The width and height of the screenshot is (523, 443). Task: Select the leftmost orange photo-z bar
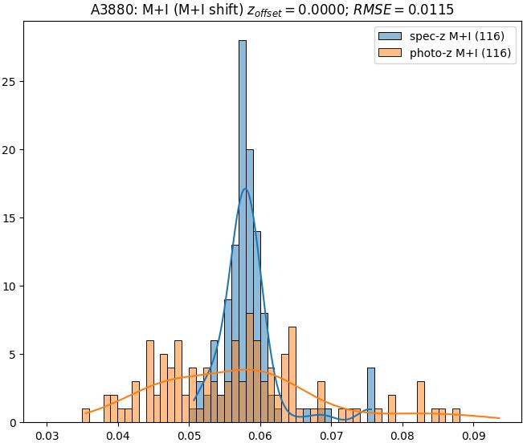[x=86, y=415]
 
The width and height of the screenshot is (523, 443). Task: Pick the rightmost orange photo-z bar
[x=456, y=415]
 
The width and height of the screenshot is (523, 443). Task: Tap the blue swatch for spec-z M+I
[x=390, y=37]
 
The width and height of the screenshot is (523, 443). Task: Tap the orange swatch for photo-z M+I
[x=390, y=55]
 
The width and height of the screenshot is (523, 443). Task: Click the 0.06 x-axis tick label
[x=260, y=436]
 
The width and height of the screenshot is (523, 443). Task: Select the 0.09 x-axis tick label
[x=473, y=436]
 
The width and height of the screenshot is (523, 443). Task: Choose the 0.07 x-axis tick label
[x=331, y=436]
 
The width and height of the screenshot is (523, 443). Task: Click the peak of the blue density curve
[x=246, y=189]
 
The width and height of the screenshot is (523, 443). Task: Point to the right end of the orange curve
[x=500, y=417]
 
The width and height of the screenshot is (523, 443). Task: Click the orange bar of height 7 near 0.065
[x=292, y=374]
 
